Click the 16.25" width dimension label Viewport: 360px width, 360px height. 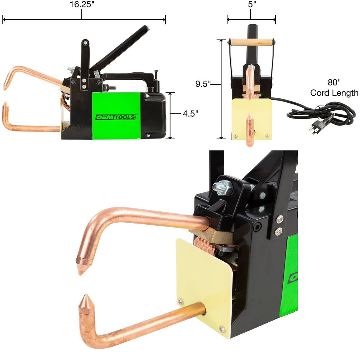click(x=82, y=4)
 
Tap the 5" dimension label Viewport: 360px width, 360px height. click(x=252, y=4)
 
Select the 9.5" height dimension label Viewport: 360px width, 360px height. click(x=203, y=84)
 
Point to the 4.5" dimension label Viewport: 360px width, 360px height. click(x=190, y=114)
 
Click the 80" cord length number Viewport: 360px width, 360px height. click(x=334, y=82)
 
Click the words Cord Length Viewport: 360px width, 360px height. click(x=334, y=93)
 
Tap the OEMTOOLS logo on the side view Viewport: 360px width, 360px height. click(x=115, y=117)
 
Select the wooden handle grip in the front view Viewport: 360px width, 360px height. click(x=252, y=42)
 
